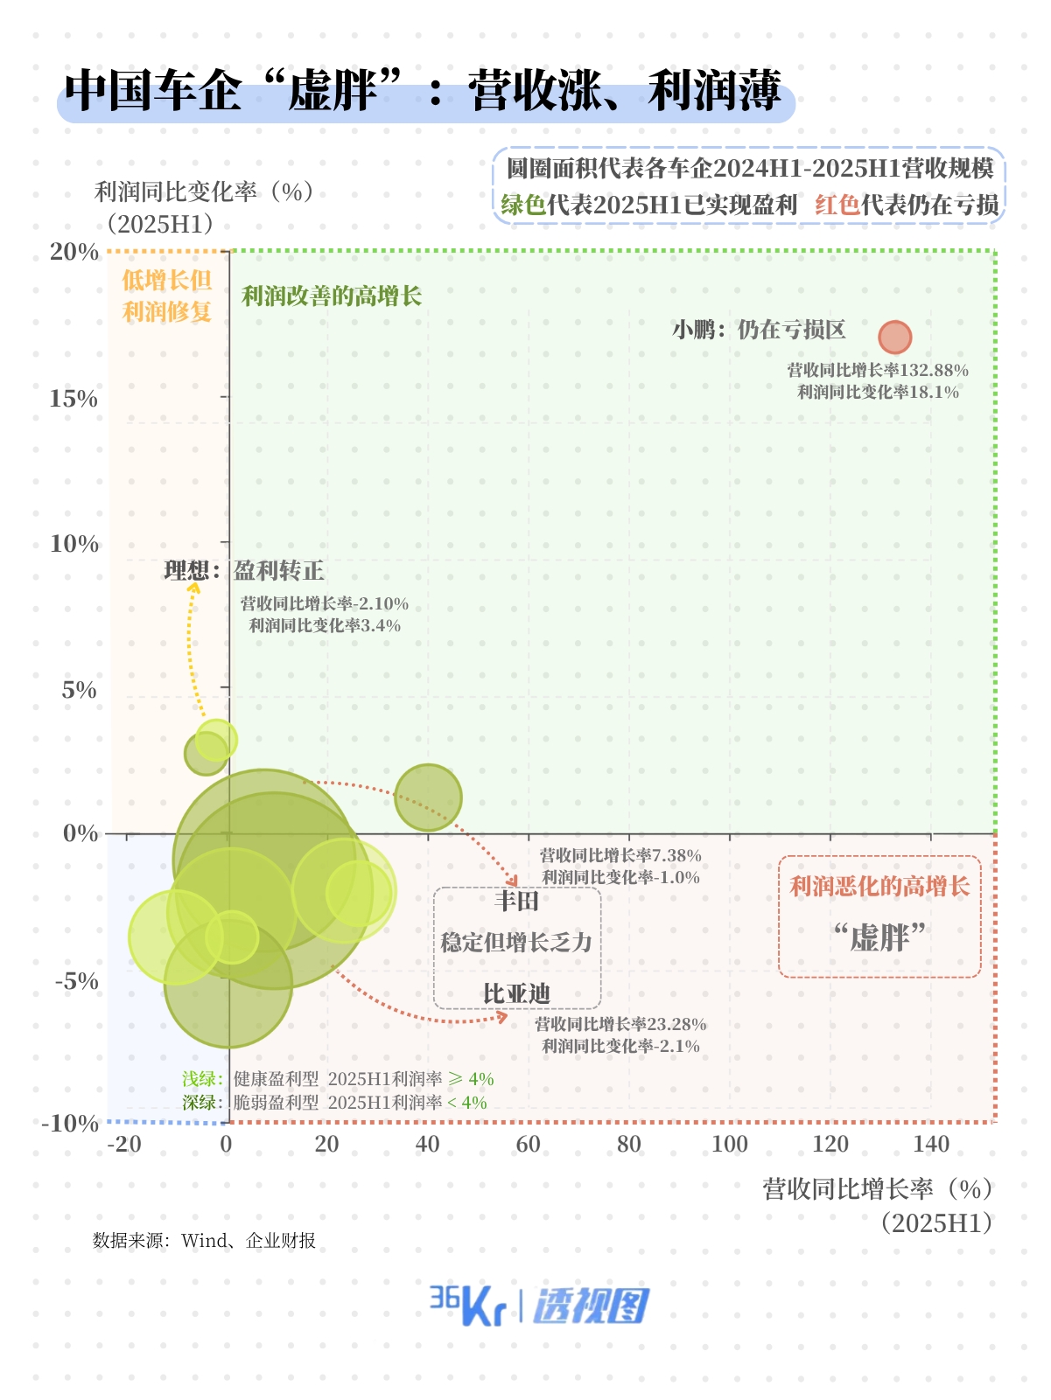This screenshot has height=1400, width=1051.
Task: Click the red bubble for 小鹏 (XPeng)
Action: click(894, 337)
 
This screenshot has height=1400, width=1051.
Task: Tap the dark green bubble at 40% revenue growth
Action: click(428, 797)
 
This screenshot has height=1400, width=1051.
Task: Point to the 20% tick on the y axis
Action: click(74, 252)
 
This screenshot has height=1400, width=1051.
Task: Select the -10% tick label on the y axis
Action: click(70, 1123)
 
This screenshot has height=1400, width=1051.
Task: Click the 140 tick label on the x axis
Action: click(931, 1144)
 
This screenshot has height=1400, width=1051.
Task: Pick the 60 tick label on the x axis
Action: click(528, 1144)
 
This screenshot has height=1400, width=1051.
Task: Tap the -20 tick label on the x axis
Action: click(124, 1144)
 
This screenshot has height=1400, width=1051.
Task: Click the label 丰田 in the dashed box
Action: click(516, 901)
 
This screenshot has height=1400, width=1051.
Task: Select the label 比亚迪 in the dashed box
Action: click(516, 993)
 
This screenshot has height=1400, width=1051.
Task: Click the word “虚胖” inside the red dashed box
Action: click(879, 938)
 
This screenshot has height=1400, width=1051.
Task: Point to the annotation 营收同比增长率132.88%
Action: click(878, 370)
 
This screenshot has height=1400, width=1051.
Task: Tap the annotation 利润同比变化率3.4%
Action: click(325, 625)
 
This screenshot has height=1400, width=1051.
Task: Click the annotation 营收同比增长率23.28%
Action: click(620, 1024)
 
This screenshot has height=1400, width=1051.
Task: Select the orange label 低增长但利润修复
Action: click(167, 296)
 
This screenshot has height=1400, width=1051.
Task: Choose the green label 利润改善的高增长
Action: click(332, 296)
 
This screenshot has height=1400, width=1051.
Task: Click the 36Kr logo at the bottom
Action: click(467, 1306)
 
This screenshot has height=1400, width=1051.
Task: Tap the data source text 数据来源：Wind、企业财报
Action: click(204, 1240)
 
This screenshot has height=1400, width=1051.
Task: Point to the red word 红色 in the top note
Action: click(837, 205)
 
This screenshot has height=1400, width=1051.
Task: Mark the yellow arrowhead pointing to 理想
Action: click(193, 587)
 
